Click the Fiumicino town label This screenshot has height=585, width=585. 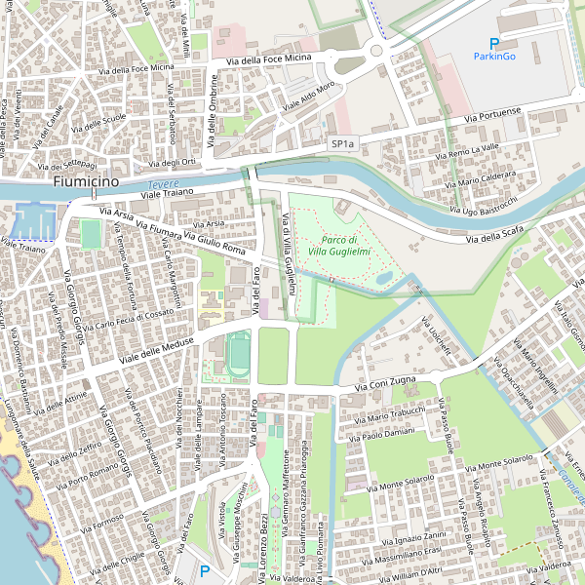(86, 181)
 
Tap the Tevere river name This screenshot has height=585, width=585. (157, 185)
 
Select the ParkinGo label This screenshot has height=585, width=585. (493, 57)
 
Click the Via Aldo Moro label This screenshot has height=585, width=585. (309, 95)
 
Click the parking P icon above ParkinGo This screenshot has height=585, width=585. (494, 43)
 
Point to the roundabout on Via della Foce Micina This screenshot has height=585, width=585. (375, 51)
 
